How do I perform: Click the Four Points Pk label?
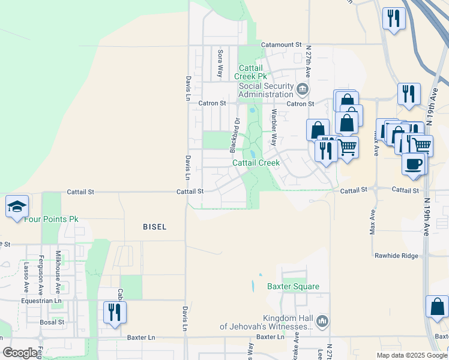tap(51, 220)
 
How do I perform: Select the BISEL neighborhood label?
tap(154, 227)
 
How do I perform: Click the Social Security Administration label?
tap(265, 90)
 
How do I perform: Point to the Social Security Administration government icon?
tap(303, 91)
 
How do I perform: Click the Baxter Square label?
tap(294, 287)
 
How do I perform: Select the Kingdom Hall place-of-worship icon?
tap(323, 322)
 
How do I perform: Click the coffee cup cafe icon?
tap(412, 164)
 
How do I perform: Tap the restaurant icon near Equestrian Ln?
tap(113, 312)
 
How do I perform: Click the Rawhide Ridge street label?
tap(396, 256)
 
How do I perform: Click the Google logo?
tap(20, 353)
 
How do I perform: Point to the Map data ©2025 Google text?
tap(412, 355)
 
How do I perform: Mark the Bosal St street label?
tap(52, 322)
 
